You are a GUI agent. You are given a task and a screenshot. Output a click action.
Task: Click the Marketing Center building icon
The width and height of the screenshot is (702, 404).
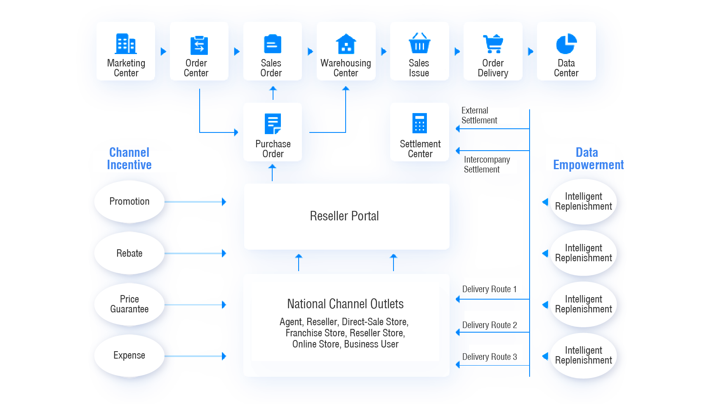tap(126, 44)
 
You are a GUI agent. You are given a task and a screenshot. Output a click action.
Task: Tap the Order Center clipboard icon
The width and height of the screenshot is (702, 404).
tap(199, 45)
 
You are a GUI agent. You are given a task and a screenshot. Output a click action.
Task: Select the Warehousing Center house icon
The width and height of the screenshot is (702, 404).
tap(346, 44)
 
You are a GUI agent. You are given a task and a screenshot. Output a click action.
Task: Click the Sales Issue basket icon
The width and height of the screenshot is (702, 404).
tap(419, 43)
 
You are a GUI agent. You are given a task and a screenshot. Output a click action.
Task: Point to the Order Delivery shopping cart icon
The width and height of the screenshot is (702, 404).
tap(493, 44)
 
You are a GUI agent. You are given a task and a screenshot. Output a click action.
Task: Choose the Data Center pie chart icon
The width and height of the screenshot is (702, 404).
tap(566, 44)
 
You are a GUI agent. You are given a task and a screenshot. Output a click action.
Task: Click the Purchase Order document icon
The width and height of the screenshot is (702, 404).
tap(273, 124)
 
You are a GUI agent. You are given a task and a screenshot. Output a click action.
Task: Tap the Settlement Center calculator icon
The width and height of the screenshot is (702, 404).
tap(419, 123)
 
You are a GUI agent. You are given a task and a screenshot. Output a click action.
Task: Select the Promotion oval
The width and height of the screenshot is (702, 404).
tap(129, 201)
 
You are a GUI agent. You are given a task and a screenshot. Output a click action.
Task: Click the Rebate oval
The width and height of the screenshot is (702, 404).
tap(129, 253)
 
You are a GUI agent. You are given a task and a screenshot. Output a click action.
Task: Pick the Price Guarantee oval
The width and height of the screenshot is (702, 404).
tap(129, 304)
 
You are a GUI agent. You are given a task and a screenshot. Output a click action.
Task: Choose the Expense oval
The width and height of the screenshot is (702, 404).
tap(129, 355)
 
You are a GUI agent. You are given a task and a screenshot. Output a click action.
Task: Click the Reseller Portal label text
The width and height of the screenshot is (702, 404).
tap(344, 216)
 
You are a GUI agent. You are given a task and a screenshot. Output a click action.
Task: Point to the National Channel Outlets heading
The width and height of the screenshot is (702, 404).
tap(345, 304)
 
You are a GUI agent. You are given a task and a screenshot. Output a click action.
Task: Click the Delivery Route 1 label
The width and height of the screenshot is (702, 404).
tap(489, 289)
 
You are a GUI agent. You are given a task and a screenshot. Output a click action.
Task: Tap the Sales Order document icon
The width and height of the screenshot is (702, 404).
tap(272, 44)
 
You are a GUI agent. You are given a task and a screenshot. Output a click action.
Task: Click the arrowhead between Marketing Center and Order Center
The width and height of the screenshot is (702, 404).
tap(164, 52)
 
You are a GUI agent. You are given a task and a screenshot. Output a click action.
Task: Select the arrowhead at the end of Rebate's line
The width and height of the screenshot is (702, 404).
tap(224, 253)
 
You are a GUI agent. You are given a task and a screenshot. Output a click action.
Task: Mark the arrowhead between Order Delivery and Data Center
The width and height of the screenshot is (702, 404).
tap(531, 52)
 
